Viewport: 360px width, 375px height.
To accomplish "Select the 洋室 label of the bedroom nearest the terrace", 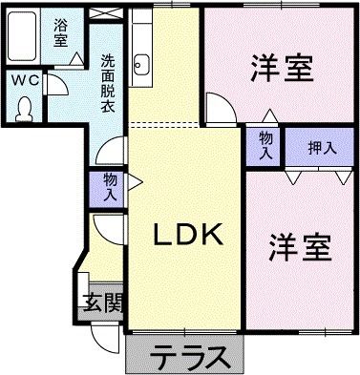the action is (300, 246).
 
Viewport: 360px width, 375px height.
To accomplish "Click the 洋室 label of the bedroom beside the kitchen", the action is (285, 69).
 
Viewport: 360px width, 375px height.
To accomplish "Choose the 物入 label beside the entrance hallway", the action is (110, 187).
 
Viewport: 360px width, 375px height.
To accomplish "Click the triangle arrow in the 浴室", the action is (74, 59).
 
